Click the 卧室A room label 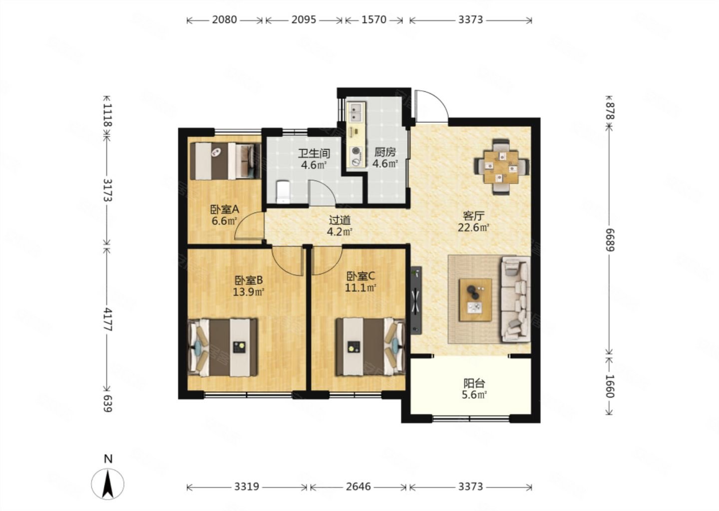click(224, 210)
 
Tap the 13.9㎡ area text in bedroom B click(249, 292)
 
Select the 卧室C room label click(360, 276)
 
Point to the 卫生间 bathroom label click(314, 153)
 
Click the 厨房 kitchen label click(385, 152)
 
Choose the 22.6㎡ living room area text click(473, 228)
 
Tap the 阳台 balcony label click(474, 383)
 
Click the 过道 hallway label click(340, 221)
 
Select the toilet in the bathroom click(283, 192)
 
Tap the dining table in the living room click(501, 167)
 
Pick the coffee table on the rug click(475, 299)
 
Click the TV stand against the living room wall click(416, 300)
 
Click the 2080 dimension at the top click(224, 20)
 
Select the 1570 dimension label click(374, 20)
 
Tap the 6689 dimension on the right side click(610, 240)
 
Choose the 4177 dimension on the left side click(107, 320)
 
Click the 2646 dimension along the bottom click(358, 487)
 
